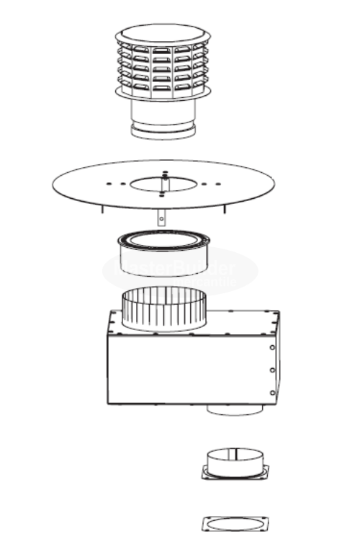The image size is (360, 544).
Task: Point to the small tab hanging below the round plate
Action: click(162, 215)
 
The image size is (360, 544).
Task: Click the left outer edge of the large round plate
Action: click(55, 184)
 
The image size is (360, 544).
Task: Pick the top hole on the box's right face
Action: click(272, 347)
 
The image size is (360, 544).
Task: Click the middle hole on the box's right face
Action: click(272, 370)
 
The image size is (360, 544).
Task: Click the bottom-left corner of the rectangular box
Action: click(108, 403)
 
